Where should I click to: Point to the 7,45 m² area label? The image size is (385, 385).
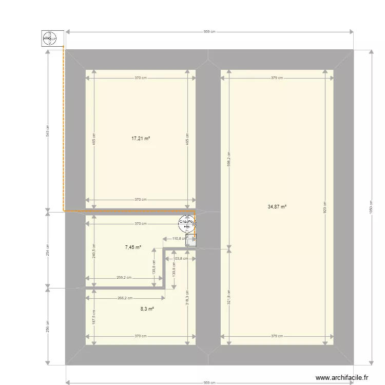(x=133, y=247)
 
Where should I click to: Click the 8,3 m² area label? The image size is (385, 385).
(x=147, y=309)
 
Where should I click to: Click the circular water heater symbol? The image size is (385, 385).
(x=186, y=223)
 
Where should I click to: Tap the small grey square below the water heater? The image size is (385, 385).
(x=190, y=240)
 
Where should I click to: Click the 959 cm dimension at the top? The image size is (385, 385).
(x=209, y=32)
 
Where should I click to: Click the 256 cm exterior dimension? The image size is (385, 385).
(x=48, y=326)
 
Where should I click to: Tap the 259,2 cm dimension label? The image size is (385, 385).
(x=124, y=278)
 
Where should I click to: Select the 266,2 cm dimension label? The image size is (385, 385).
(x=125, y=298)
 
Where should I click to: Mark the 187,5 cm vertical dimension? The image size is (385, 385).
(x=93, y=318)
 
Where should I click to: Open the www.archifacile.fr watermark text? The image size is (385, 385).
(x=342, y=377)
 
